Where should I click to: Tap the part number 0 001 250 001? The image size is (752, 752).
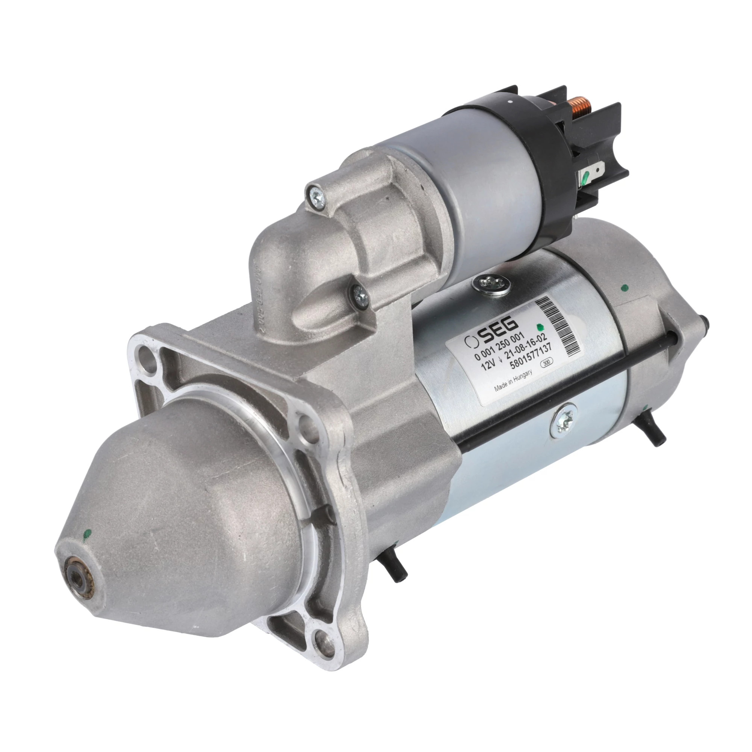coord(499,346)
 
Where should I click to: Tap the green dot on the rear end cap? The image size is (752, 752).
coord(625,288)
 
